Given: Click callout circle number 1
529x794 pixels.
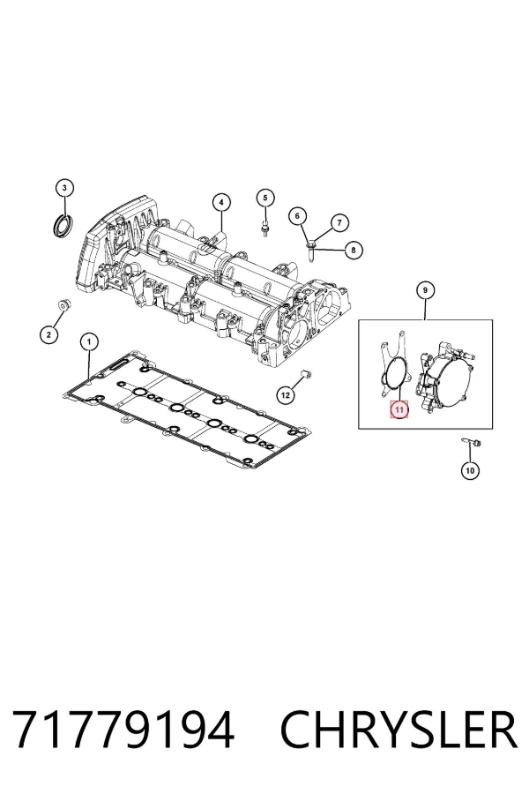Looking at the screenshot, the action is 89,342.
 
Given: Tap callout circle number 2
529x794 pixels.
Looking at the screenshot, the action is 48,333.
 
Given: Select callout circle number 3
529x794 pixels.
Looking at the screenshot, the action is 64,188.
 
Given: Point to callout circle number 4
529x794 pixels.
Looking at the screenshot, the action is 220,203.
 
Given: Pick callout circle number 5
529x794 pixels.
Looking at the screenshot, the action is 264,198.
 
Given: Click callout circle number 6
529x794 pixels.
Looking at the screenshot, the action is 297,216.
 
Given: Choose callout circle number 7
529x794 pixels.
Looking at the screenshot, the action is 339,222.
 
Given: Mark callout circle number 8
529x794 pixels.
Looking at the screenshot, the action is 354,250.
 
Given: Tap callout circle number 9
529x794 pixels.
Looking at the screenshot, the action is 425,290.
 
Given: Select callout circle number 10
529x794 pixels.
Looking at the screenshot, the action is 470,470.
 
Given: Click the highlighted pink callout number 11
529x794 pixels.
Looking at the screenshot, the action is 399,409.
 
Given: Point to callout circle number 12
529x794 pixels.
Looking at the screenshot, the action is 286,394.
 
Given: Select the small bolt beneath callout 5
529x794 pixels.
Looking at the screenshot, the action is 264,228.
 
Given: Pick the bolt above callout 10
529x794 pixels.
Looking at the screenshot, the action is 471,443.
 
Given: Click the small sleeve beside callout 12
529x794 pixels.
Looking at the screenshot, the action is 306,375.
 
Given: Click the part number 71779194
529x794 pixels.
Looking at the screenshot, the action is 123,730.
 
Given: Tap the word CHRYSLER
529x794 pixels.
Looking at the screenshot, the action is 399,730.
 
